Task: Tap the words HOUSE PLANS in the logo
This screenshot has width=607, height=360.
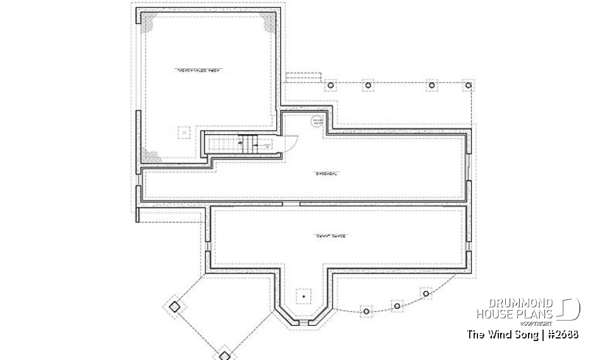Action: tap(514, 314)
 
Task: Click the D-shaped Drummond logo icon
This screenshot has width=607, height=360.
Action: tap(569, 309)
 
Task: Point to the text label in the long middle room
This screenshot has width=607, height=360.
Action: tap(325, 174)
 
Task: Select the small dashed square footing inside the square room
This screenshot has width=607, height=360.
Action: tap(184, 133)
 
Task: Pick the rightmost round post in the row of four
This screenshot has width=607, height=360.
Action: tap(469, 85)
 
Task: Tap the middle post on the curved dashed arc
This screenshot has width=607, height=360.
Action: tap(397, 306)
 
